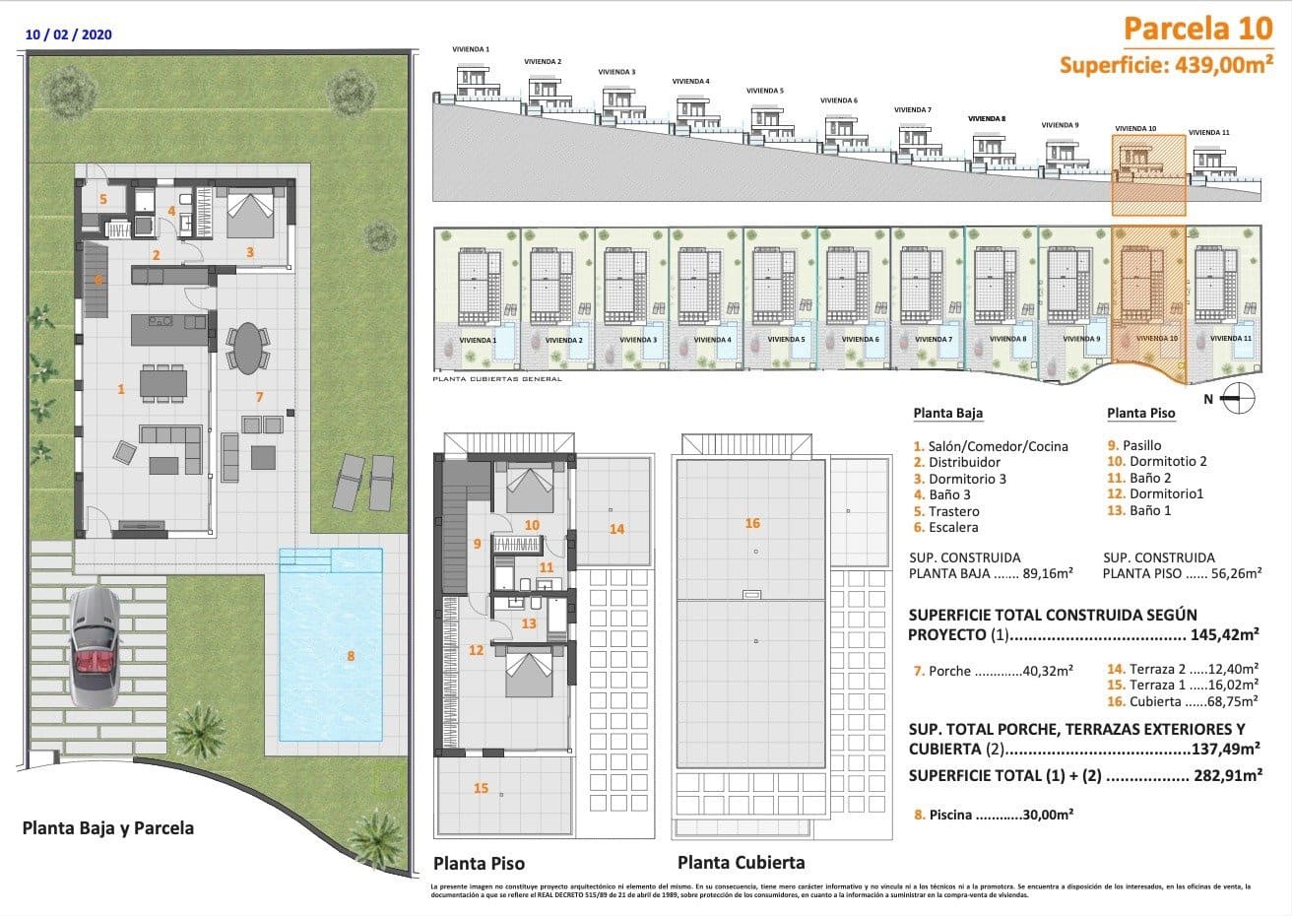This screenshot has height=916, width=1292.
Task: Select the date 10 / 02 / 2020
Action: tap(69, 34)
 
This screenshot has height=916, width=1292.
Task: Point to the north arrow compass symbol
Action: tap(1238, 399)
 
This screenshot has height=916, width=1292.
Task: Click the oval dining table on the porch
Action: tap(246, 348)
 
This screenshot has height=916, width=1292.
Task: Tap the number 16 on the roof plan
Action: tap(752, 524)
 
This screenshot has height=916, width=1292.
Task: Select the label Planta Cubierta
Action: tap(741, 863)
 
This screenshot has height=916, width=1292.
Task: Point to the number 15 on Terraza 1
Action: tap(481, 788)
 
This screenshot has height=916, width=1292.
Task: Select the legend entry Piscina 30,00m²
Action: tap(993, 815)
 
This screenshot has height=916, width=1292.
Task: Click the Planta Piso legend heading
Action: tap(1140, 414)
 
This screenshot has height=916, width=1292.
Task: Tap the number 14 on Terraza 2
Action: tap(616, 529)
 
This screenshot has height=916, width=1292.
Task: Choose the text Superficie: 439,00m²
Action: tap(1160, 65)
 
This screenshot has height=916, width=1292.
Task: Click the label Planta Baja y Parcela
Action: tap(107, 828)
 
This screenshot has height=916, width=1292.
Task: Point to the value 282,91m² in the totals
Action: tap(1228, 776)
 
